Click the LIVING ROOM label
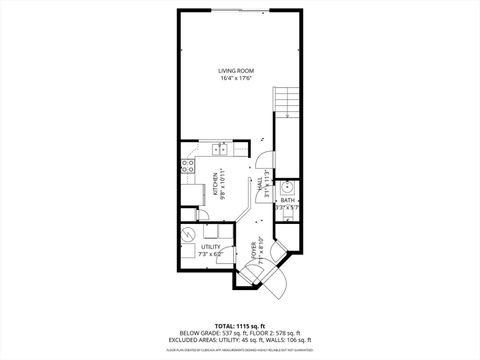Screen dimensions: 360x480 [x=239, y=70]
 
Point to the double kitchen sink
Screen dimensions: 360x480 [x=220, y=151]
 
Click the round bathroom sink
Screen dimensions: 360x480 [x=287, y=187]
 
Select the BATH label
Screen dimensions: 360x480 [x=287, y=200]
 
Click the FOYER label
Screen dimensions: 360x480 [x=254, y=247]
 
